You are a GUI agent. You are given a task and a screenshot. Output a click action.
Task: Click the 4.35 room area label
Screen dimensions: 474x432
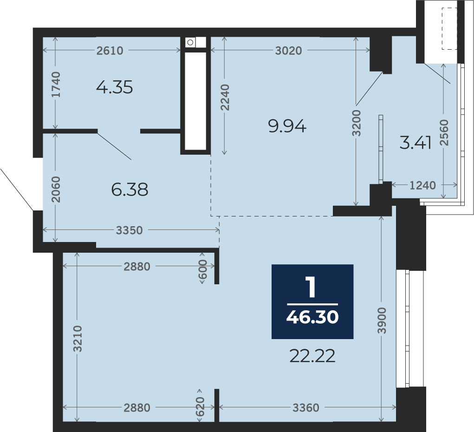[x=115, y=87]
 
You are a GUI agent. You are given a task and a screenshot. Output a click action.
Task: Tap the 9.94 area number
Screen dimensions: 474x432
[x=287, y=126]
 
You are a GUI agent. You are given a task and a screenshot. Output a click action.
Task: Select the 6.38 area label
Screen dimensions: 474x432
[x=130, y=190]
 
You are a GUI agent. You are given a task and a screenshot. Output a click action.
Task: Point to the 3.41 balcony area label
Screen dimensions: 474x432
[x=416, y=143]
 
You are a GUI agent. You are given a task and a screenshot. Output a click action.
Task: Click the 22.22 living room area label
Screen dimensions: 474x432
[x=312, y=356]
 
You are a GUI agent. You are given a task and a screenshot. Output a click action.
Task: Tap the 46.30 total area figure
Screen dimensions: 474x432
[x=312, y=317]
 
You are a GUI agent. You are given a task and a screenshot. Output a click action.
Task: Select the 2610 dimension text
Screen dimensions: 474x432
[x=110, y=51]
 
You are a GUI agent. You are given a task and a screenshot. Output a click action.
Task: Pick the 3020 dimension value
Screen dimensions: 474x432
[x=289, y=51]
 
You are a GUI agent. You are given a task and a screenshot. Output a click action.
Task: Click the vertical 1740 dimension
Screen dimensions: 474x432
[x=56, y=85]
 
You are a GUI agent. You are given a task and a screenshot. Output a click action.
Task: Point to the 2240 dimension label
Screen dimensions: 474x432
[x=225, y=98]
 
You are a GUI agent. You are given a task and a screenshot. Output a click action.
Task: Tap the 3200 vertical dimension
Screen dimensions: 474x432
[x=357, y=123]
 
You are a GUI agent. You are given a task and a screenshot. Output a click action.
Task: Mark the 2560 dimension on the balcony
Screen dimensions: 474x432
[x=444, y=133]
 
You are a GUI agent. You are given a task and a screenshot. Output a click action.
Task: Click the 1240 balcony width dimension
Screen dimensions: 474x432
[x=422, y=185]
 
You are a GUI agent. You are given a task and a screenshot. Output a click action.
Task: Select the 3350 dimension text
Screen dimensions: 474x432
[x=130, y=230]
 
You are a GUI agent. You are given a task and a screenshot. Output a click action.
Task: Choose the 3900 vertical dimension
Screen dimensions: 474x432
[x=382, y=321]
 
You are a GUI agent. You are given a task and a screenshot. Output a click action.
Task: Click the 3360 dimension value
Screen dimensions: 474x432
[x=306, y=408]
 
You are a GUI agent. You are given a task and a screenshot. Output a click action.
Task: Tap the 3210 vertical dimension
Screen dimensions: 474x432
[x=78, y=339]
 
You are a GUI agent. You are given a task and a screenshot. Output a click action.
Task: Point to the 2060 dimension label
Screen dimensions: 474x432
[x=56, y=190]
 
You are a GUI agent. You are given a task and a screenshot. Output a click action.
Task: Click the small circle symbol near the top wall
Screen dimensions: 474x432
[x=190, y=42]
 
